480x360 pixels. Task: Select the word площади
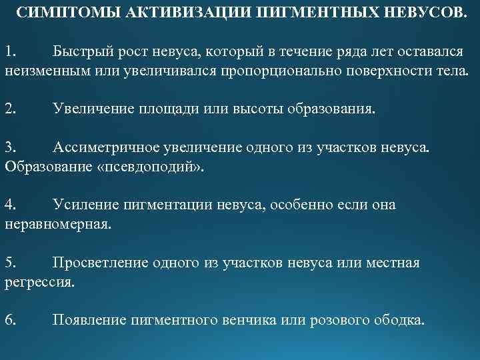[173, 108]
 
